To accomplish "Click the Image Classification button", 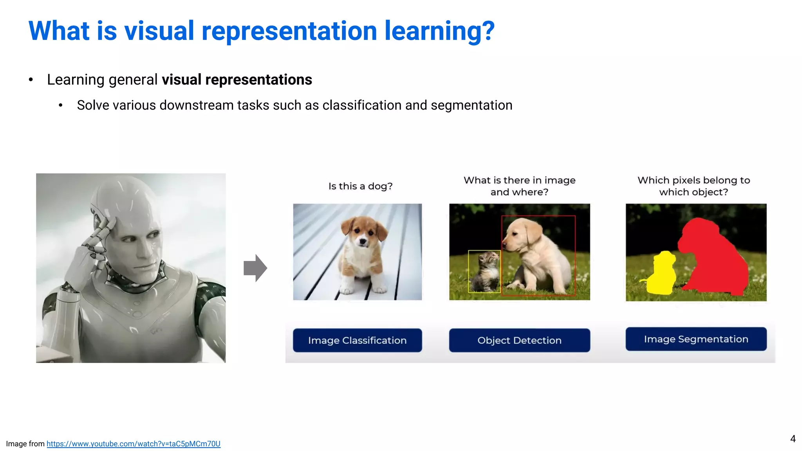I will (x=357, y=340).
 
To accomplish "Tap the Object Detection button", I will (x=519, y=340).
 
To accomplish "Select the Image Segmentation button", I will (x=696, y=339).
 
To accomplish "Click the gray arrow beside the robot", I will (x=255, y=268).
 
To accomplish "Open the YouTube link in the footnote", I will (x=133, y=444).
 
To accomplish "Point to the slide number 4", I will (x=793, y=438).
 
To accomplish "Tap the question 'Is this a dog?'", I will (x=360, y=186).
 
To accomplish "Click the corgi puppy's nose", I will (x=363, y=242).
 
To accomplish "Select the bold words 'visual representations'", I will (x=237, y=79).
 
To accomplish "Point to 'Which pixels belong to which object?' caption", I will (x=694, y=186).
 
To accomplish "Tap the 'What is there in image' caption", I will (x=519, y=180).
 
